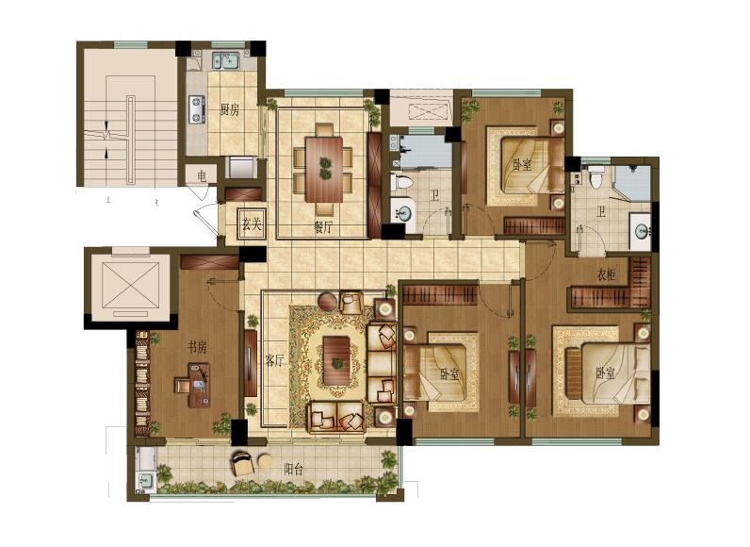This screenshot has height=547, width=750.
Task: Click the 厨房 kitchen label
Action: [229, 109]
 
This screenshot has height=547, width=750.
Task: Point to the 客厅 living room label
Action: [274, 359]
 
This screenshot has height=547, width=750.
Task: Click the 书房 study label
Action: [196, 348]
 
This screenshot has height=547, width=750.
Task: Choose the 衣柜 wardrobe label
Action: [606, 275]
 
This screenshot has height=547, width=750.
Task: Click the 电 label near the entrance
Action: [202, 174]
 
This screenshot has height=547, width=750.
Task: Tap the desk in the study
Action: [197, 385]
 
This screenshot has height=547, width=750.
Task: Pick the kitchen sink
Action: [224, 62]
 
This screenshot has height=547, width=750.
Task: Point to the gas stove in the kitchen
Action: [198, 109]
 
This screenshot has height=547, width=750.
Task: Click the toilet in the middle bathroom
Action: [400, 182]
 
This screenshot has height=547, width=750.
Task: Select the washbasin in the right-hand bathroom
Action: [641, 229]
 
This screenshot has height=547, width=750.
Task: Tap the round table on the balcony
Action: [266, 463]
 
